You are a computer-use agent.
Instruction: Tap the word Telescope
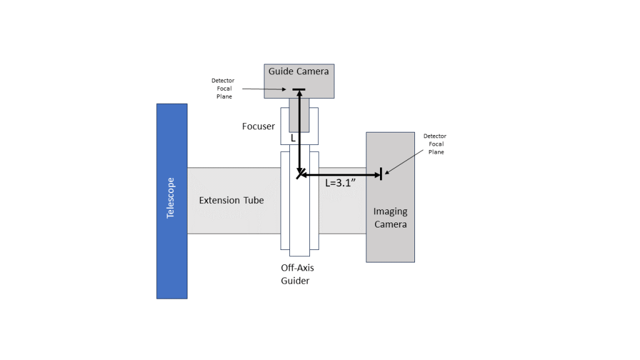click(x=171, y=198)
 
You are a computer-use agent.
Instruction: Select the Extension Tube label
click(x=231, y=201)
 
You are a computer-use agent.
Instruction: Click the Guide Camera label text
click(x=299, y=71)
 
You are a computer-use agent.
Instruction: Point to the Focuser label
click(x=258, y=126)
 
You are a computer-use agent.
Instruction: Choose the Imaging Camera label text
click(x=391, y=217)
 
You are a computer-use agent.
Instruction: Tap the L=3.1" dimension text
click(x=342, y=184)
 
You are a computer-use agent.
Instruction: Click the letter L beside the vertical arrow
click(x=293, y=138)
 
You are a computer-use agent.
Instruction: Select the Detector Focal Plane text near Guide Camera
click(x=223, y=88)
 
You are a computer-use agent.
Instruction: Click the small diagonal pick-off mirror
click(x=300, y=173)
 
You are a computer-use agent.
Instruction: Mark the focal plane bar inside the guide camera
click(x=299, y=90)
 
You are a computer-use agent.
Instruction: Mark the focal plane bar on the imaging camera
click(x=381, y=174)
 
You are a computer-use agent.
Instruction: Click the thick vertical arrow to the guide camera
click(x=300, y=131)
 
